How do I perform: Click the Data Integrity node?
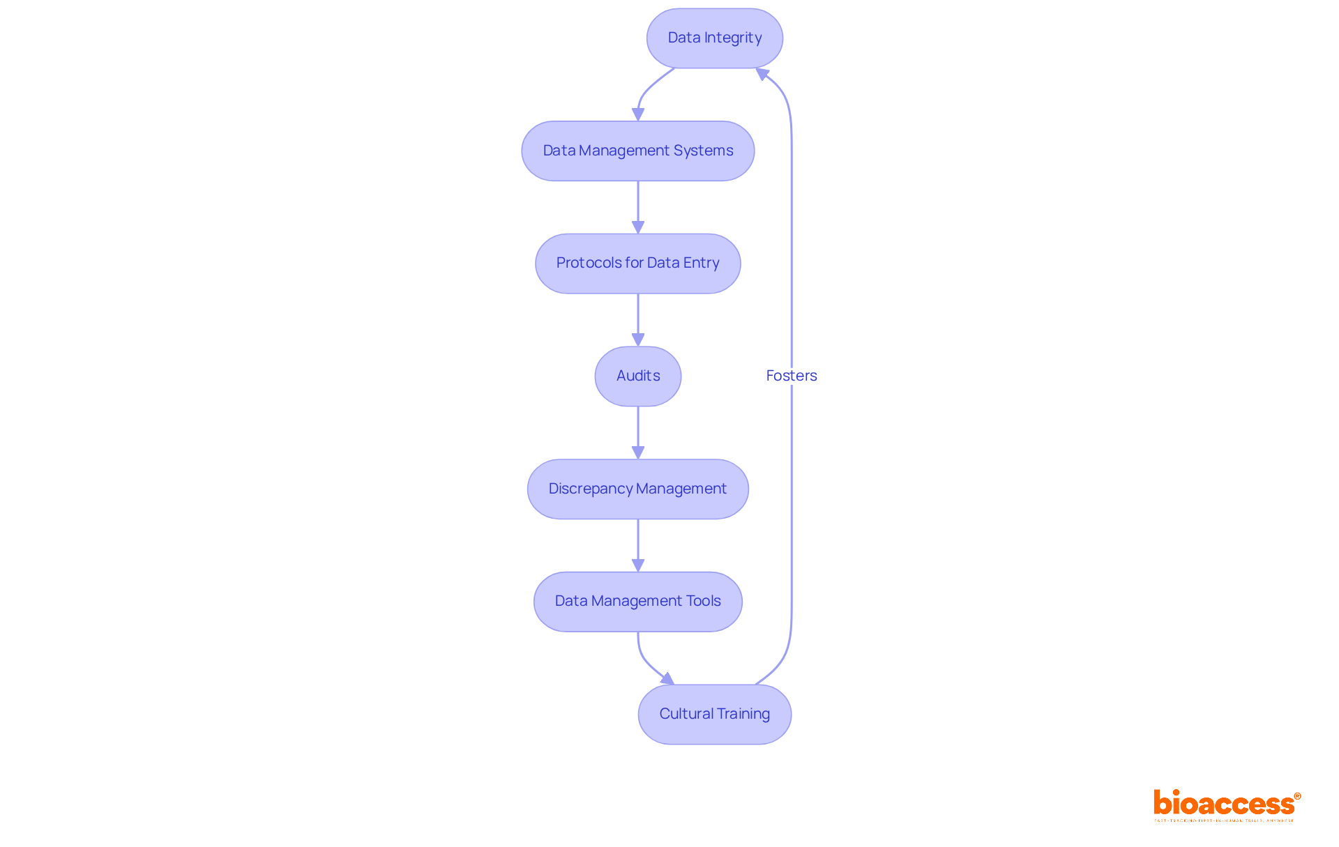[714, 38]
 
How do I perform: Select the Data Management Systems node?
[637, 151]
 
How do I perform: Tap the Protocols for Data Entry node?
[637, 264]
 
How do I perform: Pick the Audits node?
[637, 376]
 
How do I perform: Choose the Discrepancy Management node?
[637, 489]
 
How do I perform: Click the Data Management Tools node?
[637, 602]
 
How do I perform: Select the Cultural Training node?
[714, 715]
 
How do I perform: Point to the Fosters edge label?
[791, 376]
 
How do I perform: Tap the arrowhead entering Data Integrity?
[762, 73]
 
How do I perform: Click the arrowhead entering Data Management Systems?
[637, 115]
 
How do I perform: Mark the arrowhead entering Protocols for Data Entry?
[637, 227]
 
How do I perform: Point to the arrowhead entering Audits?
[637, 340]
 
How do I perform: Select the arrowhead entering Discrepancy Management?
[637, 452]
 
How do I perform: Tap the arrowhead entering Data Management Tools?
[637, 565]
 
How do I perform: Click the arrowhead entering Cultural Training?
[668, 679]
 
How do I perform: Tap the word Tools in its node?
[703, 602]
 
